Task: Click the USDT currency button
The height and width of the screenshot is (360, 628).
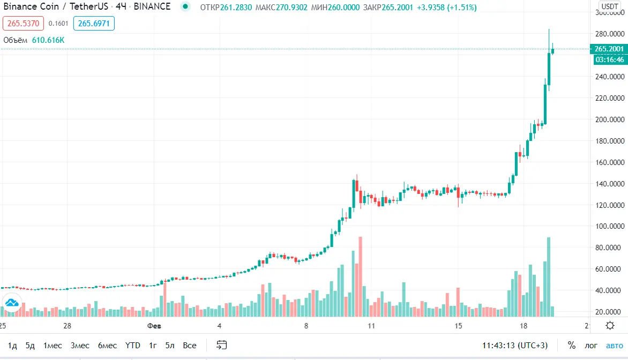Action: click(x=610, y=7)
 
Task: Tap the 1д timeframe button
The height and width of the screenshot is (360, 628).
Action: click(x=13, y=346)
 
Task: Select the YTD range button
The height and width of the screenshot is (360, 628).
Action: click(x=132, y=346)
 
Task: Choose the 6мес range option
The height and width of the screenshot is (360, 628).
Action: click(x=107, y=346)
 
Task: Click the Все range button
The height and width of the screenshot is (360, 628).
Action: click(x=189, y=346)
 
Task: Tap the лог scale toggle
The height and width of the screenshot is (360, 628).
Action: click(x=591, y=346)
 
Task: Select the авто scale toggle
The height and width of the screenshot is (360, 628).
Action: click(x=615, y=346)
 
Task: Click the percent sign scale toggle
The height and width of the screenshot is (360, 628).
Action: click(x=572, y=346)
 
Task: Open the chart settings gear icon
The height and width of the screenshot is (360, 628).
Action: click(x=610, y=326)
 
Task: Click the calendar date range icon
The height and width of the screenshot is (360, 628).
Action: click(x=222, y=346)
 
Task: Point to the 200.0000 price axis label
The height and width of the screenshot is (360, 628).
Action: click(x=610, y=119)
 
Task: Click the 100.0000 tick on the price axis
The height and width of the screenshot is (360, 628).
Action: click(x=610, y=227)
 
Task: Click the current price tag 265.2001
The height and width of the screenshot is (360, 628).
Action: click(x=610, y=49)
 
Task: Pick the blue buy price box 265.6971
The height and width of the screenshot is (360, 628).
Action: click(x=94, y=24)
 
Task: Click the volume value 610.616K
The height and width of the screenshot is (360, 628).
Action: click(x=48, y=40)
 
